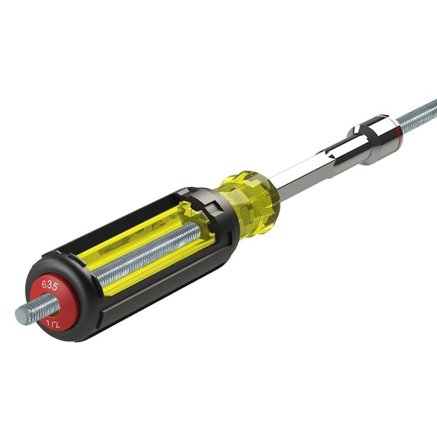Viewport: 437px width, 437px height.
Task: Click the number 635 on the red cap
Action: pyautogui.click(x=50, y=285)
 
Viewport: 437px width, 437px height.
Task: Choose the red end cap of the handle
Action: pyautogui.click(x=55, y=302)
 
